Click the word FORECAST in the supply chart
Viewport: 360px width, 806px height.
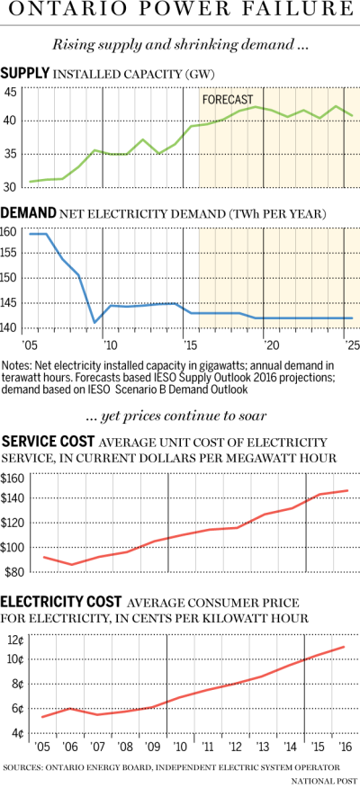click(x=227, y=99)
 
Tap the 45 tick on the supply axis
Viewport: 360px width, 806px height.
click(x=10, y=92)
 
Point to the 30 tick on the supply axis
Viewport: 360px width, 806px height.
click(x=10, y=187)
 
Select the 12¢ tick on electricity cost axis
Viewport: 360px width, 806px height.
click(x=13, y=640)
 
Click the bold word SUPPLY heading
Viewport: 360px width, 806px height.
click(x=23, y=73)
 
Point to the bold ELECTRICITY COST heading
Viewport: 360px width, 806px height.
click(x=62, y=602)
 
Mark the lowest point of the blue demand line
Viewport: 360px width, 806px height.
click(x=94, y=322)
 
